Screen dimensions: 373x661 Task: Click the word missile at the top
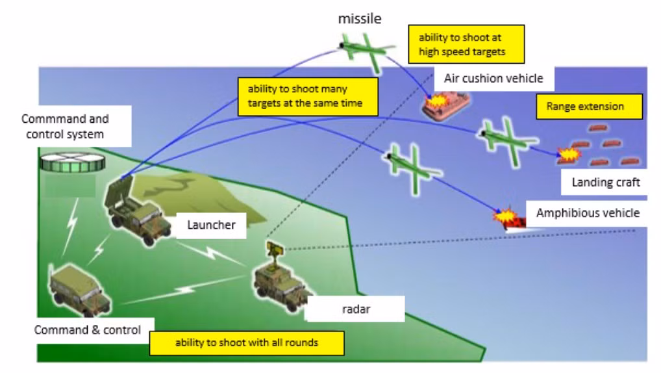(359, 19)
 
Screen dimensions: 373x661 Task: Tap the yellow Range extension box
(589, 107)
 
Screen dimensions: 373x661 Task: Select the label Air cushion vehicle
(493, 79)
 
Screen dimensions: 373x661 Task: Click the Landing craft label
(605, 183)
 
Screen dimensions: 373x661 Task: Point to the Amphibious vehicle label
(588, 212)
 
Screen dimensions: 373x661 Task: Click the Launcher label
(211, 225)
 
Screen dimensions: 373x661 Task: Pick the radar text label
(356, 309)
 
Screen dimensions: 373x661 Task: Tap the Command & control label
(88, 329)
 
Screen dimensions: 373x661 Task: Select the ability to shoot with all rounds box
(247, 342)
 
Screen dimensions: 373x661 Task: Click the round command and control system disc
(72, 161)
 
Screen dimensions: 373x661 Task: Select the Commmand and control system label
(65, 127)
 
